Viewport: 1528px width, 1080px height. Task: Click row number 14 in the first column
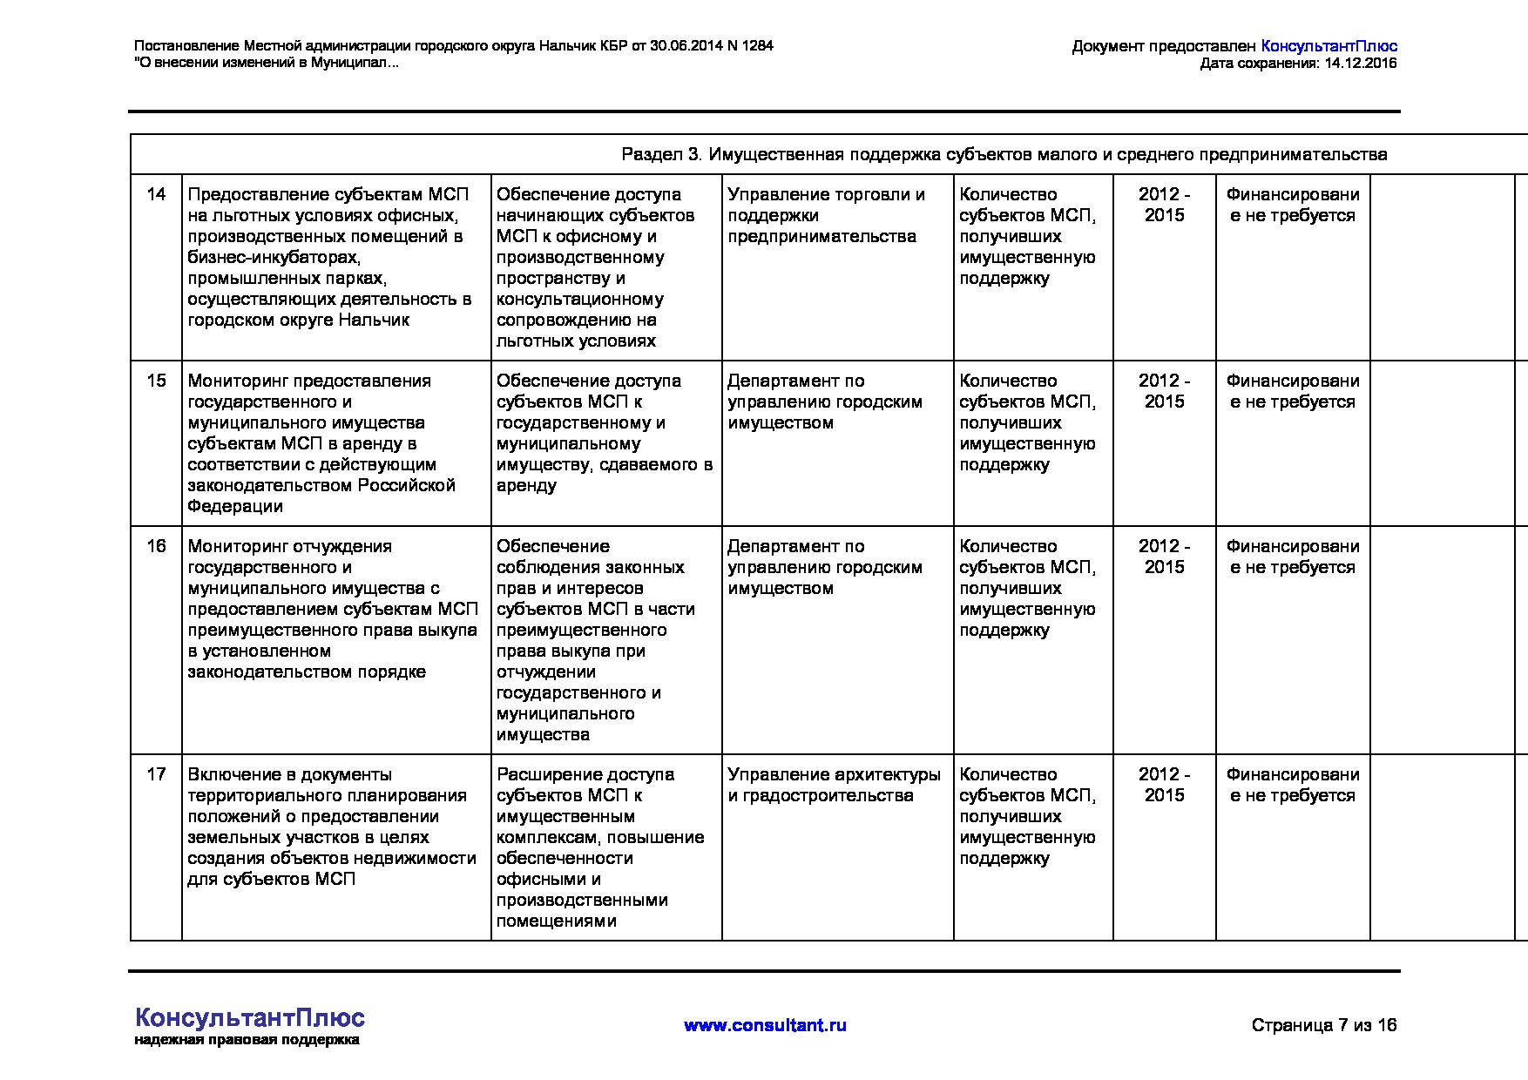(156, 194)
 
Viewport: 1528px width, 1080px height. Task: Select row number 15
(156, 381)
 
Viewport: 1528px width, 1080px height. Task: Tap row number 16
(156, 546)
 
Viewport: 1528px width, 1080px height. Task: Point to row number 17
(156, 774)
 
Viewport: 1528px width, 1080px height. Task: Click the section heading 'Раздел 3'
(661, 155)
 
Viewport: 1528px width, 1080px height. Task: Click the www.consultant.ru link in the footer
(765, 1025)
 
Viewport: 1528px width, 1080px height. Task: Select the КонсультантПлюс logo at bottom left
(250, 1018)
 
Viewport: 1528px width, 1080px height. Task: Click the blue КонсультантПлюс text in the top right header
(1329, 47)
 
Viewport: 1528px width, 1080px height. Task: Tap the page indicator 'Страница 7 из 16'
(1323, 1025)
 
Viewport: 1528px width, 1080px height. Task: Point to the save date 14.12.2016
(1360, 64)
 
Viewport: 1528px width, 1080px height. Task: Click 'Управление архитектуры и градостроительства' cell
(834, 785)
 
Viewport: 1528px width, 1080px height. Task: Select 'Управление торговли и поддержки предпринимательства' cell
(826, 215)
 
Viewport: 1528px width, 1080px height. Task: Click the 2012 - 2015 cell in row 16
(1164, 557)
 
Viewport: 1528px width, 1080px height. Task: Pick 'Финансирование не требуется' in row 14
(1292, 205)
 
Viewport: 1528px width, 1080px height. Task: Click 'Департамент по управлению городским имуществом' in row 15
(824, 402)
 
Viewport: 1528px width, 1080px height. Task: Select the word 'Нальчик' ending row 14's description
(375, 320)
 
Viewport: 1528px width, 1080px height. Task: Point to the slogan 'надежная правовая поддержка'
(247, 1040)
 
